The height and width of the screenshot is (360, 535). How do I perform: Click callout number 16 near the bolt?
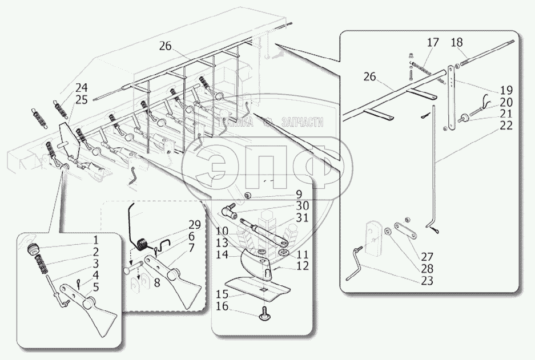click(x=222, y=306)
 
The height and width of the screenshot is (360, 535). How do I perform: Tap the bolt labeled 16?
click(x=264, y=314)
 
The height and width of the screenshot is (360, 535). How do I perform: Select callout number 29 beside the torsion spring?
click(x=195, y=225)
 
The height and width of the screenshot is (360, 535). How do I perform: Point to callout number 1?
click(x=96, y=240)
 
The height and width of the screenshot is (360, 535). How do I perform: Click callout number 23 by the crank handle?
click(x=427, y=281)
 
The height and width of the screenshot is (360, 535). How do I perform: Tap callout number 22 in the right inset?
click(x=506, y=126)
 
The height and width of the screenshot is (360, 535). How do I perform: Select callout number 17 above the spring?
click(x=433, y=43)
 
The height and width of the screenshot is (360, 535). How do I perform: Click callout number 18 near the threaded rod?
click(x=457, y=42)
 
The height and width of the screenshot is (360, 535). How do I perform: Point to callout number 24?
click(x=82, y=88)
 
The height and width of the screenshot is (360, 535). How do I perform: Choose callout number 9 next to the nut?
click(x=299, y=195)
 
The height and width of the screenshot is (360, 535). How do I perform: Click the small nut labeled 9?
click(x=248, y=196)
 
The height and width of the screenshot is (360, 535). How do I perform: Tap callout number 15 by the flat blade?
click(x=222, y=294)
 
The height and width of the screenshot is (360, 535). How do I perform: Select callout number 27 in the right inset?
click(x=427, y=256)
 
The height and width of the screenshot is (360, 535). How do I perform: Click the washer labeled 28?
click(x=388, y=231)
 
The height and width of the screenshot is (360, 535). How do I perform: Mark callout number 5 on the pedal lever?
click(x=96, y=287)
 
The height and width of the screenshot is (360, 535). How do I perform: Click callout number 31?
click(x=302, y=217)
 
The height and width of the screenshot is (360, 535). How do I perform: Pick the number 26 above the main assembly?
click(x=166, y=46)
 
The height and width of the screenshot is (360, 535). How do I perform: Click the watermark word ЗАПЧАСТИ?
click(x=302, y=123)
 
